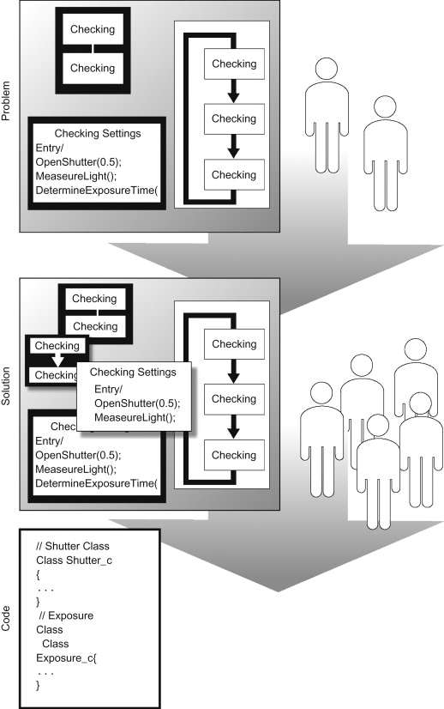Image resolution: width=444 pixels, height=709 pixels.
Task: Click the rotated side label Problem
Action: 8,100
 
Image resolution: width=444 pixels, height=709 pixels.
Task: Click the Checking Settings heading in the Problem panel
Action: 97,134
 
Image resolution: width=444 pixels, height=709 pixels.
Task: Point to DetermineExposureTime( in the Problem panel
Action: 98,204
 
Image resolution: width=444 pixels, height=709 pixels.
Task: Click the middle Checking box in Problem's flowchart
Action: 234,119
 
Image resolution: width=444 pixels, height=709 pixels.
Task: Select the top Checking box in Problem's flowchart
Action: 234,64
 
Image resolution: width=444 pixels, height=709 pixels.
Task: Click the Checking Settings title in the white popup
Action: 133,373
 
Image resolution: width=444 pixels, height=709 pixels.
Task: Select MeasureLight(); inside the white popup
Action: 134,418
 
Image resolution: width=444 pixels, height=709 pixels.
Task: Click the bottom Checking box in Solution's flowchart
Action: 234,454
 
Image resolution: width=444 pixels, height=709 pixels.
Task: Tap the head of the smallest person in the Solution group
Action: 377,424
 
